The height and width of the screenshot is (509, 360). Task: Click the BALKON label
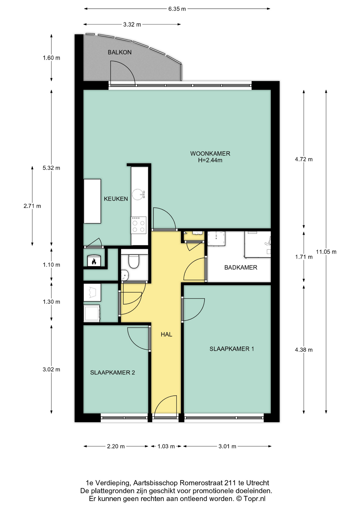tap(120, 52)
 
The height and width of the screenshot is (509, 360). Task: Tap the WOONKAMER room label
tap(210, 153)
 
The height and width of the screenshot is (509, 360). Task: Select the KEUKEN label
tap(116, 199)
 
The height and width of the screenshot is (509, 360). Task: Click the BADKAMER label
tap(241, 267)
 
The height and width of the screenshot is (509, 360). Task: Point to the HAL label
tap(166, 335)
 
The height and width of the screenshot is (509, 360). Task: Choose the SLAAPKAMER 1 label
tap(232, 349)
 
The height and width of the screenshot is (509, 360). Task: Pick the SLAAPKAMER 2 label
tap(112, 372)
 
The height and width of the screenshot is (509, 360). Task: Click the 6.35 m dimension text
tap(177, 9)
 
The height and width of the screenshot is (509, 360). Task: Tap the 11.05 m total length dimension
tap(326, 252)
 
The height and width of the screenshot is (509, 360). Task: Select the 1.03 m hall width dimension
tap(166, 446)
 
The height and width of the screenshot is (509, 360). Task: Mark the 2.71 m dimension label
tap(32, 206)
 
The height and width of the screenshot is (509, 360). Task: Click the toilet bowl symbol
tap(134, 261)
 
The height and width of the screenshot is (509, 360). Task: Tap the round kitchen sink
tap(138, 194)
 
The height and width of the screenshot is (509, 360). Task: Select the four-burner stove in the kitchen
tap(138, 225)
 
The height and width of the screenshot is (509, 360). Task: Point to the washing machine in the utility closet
tap(92, 313)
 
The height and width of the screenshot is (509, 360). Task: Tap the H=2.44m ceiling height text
tap(210, 160)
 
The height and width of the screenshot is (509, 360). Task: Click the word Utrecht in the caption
tap(257, 483)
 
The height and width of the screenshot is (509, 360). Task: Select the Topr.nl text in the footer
tap(254, 499)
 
